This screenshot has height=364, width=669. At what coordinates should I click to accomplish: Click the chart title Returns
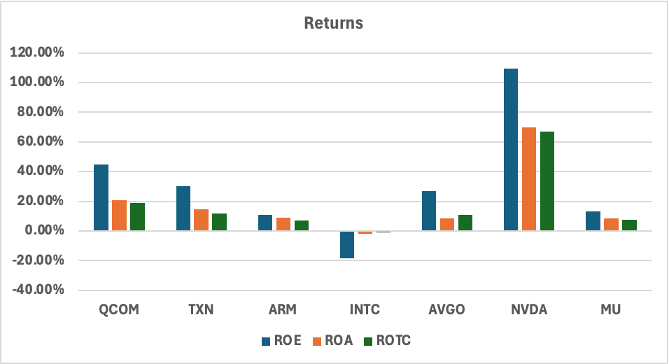(x=334, y=23)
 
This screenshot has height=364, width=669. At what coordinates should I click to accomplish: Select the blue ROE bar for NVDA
(x=510, y=150)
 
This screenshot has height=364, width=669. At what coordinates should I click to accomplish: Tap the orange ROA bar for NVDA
(x=528, y=179)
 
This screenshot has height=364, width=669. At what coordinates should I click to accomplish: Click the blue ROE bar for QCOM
(x=101, y=198)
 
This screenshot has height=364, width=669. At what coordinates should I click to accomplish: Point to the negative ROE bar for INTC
(x=347, y=244)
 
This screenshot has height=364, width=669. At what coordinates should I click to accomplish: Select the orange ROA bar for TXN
(x=202, y=220)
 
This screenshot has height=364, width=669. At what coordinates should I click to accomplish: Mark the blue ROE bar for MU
(x=593, y=221)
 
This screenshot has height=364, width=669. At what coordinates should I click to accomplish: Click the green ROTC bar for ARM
(x=301, y=225)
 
